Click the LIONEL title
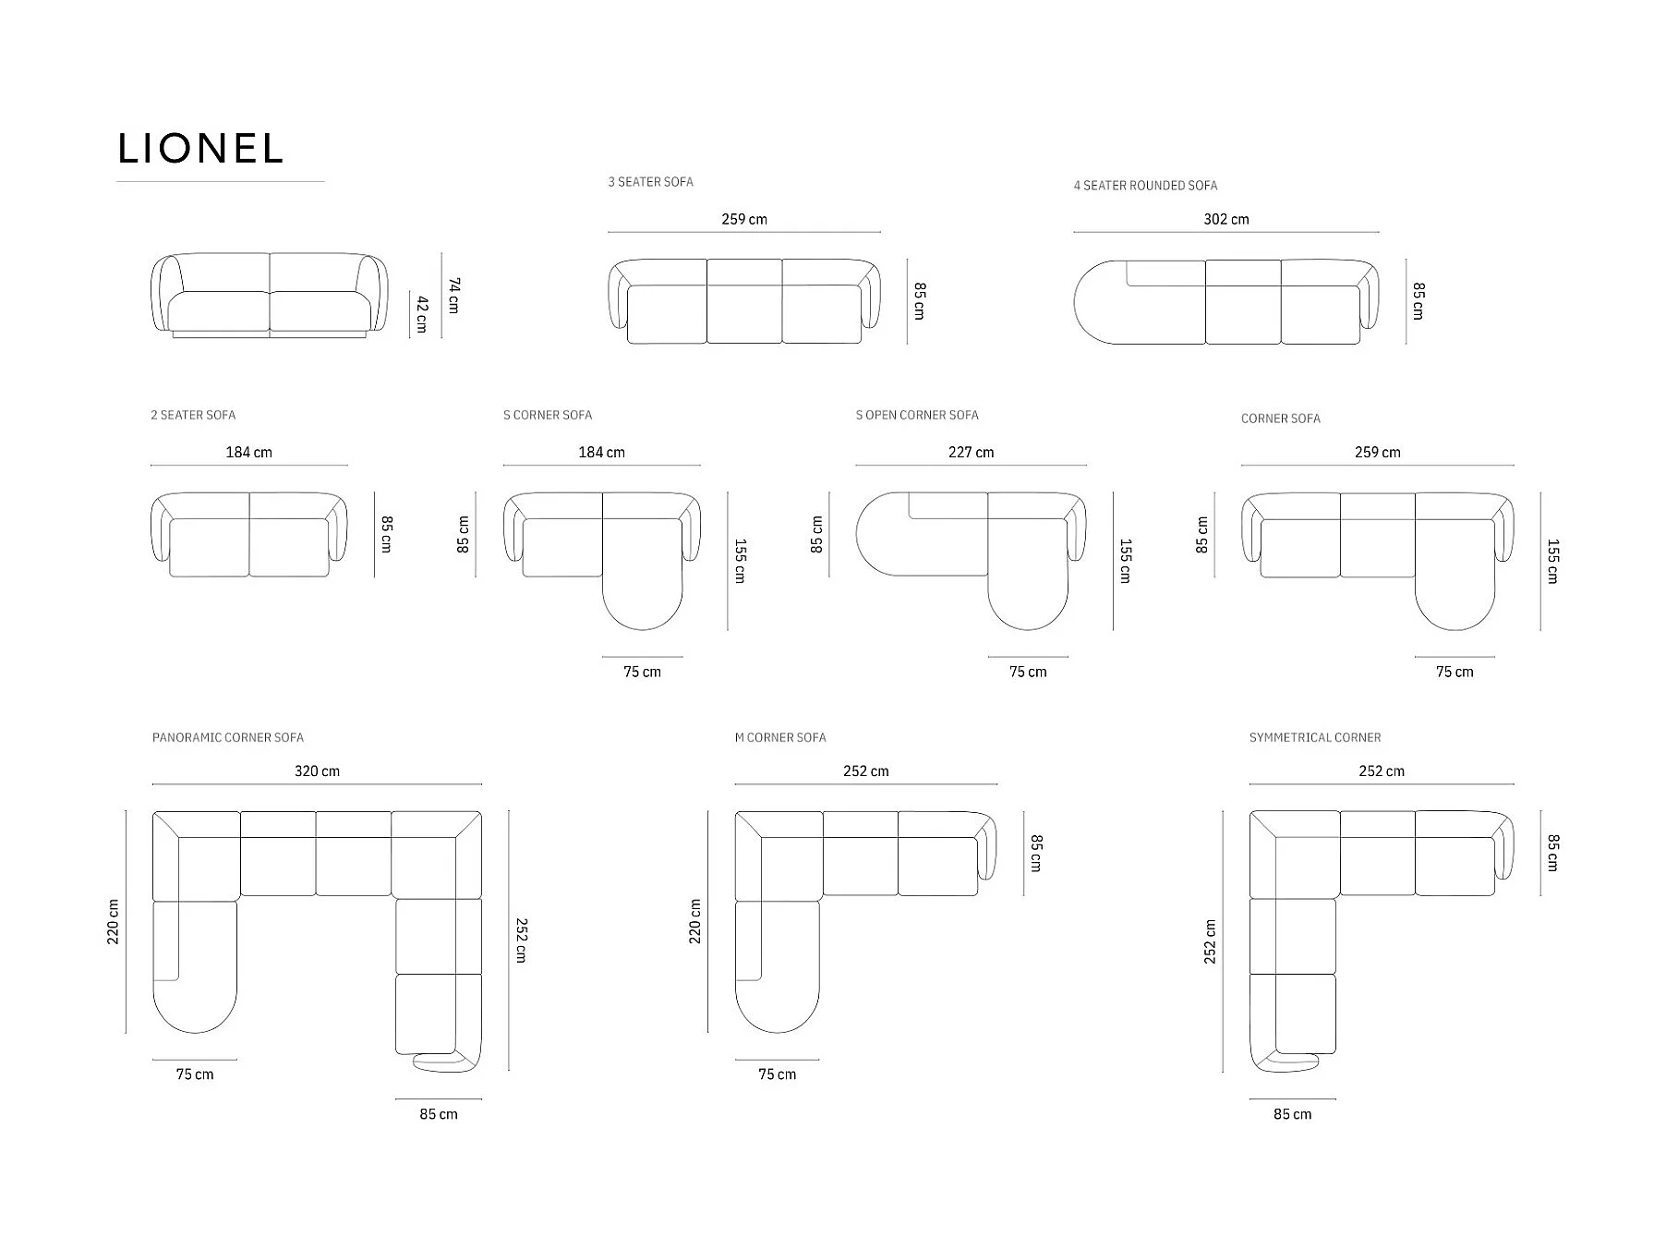pyautogui.click(x=199, y=149)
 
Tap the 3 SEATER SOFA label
pyautogui.click(x=650, y=182)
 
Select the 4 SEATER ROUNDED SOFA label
pyautogui.click(x=1145, y=186)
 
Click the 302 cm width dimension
pyautogui.click(x=1226, y=219)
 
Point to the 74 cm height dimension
pyautogui.click(x=453, y=295)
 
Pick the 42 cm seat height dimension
pyautogui.click(x=422, y=314)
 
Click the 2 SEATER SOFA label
pyautogui.click(x=193, y=415)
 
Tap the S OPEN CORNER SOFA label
pyautogui.click(x=917, y=415)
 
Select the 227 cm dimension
pyautogui.click(x=972, y=452)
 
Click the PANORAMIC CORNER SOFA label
pyautogui.click(x=228, y=737)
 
